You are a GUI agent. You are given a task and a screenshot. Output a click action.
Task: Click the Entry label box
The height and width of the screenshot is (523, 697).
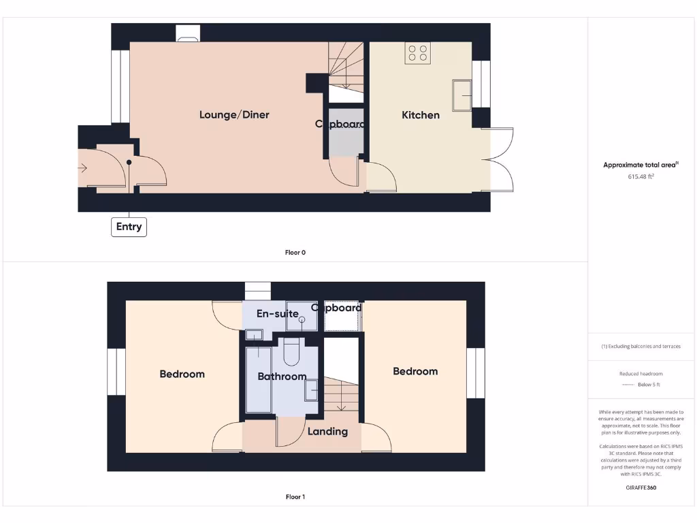(129, 227)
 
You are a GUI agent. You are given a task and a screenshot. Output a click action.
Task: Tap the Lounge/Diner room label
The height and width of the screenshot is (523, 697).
(234, 114)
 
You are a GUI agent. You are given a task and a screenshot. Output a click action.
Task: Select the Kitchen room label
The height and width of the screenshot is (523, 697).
(421, 115)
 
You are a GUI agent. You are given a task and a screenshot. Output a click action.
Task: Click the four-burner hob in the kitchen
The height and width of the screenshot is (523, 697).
(417, 53)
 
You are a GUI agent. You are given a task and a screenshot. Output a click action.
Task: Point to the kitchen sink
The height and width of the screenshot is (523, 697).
(462, 94)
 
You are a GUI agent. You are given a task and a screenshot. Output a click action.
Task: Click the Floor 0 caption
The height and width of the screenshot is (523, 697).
(295, 253)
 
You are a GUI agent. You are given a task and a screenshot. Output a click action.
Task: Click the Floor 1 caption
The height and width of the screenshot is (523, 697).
(295, 497)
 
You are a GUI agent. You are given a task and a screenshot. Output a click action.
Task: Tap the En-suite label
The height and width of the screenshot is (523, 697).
(277, 314)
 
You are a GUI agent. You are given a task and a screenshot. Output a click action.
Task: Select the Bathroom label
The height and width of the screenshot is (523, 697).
(282, 377)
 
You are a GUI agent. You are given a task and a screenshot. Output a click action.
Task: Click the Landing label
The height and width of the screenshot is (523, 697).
(327, 431)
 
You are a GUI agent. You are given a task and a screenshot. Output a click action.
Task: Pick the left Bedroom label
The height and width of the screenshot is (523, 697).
(182, 374)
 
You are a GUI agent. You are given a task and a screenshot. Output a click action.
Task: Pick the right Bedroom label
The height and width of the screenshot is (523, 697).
(415, 371)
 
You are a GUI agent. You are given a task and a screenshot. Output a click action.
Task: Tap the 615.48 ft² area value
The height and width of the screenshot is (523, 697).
(641, 176)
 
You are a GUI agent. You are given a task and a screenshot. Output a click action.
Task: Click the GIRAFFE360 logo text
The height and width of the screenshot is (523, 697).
(641, 488)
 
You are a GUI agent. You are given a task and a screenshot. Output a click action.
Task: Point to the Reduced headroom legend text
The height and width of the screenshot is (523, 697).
(641, 374)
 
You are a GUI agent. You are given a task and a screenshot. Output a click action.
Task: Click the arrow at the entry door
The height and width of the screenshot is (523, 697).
(84, 168)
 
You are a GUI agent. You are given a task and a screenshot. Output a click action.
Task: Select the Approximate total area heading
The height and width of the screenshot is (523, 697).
(641, 165)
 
